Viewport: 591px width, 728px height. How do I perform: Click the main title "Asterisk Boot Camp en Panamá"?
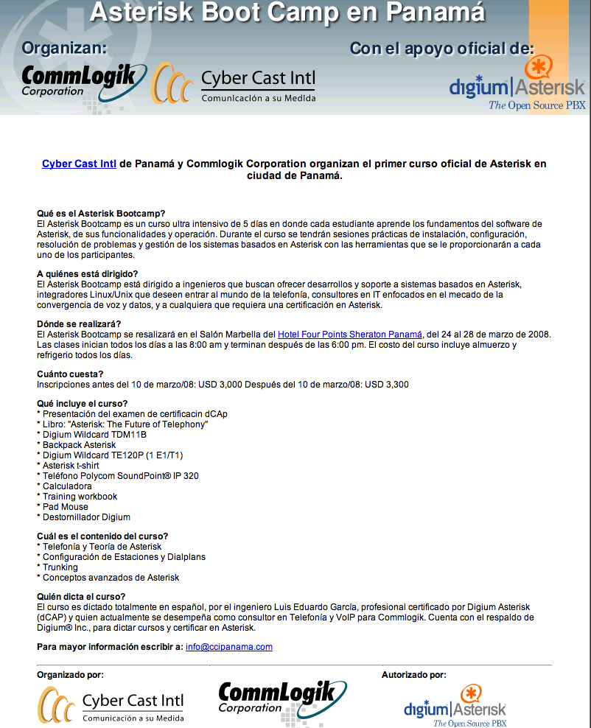pyautogui.click(x=287, y=13)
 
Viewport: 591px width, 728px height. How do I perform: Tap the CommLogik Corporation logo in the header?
pyautogui.click(x=79, y=81)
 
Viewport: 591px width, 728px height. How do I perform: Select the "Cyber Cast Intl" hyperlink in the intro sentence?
pyautogui.click(x=79, y=164)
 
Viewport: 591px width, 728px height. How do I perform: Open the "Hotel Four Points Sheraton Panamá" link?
pyautogui.click(x=351, y=335)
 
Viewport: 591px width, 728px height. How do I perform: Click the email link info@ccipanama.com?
pyautogui.click(x=228, y=647)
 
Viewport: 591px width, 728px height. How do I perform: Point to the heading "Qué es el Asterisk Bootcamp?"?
pyautogui.click(x=101, y=214)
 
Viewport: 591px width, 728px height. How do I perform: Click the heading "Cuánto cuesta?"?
pyautogui.click(x=70, y=374)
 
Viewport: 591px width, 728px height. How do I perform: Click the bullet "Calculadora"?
pyautogui.click(x=67, y=486)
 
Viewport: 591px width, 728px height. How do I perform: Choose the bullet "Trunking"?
pyautogui.click(x=60, y=567)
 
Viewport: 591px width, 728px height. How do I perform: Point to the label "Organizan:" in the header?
pyautogui.click(x=65, y=49)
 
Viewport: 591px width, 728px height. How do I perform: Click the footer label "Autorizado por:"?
pyautogui.click(x=413, y=675)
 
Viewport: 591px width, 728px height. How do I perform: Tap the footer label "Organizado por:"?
pyautogui.click(x=70, y=675)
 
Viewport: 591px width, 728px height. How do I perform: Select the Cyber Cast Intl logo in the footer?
pyautogui.click(x=111, y=705)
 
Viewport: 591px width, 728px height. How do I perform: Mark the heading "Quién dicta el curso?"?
pyautogui.click(x=81, y=596)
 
